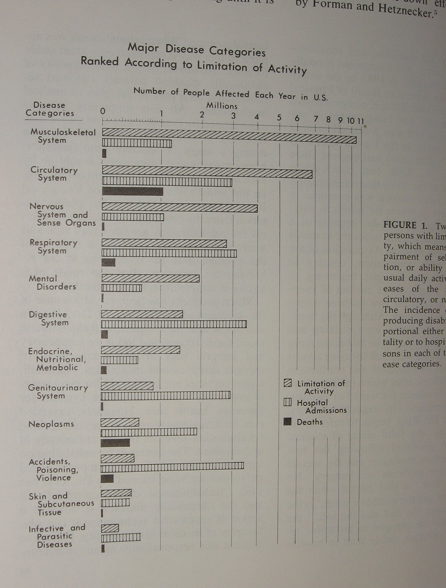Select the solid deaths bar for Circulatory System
132,191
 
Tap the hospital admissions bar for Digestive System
174,324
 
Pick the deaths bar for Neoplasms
115,443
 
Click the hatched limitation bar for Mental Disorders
150,278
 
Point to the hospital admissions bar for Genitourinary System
165,396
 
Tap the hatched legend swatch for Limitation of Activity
288,383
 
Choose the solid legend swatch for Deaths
287,422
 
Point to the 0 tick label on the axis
103,111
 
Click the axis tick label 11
360,121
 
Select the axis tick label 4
257,117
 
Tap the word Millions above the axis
222,106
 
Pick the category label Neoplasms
51,424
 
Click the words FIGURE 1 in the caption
405,225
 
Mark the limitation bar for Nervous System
180,208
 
